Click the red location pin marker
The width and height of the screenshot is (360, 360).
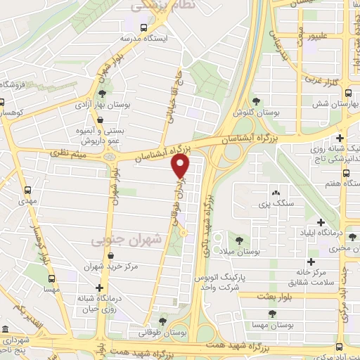pos(181,167)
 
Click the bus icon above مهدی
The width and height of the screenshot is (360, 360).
pos(28,191)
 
